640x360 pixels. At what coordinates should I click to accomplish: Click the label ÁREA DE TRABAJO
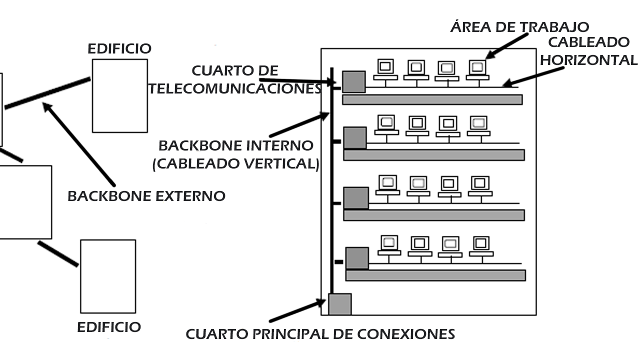(519, 26)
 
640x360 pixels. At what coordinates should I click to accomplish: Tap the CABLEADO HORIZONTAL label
(588, 50)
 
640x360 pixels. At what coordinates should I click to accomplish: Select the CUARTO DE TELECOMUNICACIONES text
(235, 79)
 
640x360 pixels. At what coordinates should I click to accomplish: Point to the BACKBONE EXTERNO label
(146, 195)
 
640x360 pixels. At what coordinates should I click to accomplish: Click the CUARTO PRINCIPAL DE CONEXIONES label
(320, 333)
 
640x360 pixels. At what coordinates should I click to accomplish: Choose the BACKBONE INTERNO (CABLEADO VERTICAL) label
(235, 154)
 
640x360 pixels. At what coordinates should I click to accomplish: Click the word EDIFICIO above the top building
(119, 48)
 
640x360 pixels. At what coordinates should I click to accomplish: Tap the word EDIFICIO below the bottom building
(108, 327)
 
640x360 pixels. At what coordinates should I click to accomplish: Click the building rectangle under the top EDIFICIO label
(119, 95)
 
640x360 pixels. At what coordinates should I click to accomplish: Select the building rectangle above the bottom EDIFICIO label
(108, 276)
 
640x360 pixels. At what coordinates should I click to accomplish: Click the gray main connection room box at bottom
(339, 304)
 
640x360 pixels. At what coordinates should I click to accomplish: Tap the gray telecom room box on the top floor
(353, 81)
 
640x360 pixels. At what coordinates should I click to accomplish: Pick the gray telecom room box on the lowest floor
(356, 258)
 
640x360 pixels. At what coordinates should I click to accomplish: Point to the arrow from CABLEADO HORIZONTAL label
(532, 77)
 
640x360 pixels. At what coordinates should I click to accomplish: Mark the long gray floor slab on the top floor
(432, 99)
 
